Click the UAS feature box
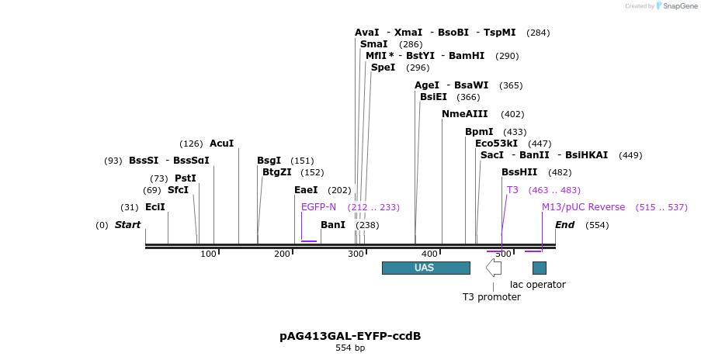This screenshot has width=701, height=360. tap(425, 268)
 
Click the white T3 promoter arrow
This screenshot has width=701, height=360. tap(494, 268)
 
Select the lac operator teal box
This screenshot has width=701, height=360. tap(539, 268)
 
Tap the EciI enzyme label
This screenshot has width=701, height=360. tap(155, 207)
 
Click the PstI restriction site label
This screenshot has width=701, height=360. tap(185, 178)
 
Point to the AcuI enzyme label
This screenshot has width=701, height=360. tap(221, 144)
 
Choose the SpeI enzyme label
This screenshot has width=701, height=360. tap(383, 67)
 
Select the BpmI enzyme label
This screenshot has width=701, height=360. tap(479, 132)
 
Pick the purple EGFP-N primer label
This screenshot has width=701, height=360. tap(318, 207)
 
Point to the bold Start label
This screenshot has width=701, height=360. tap(128, 225)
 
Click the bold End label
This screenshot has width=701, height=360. tap(564, 225)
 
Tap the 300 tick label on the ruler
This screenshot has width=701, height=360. tap(356, 254)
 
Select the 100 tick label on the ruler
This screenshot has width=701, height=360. tap(209, 254)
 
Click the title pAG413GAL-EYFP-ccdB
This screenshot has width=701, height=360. tap(350, 336)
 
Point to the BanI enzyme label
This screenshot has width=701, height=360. tap(333, 225)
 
